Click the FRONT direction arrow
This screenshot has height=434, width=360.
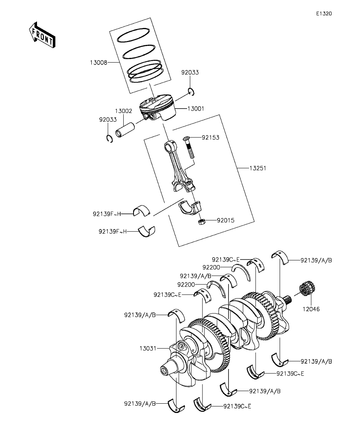tap(42, 35)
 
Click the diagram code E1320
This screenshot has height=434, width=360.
tap(324, 13)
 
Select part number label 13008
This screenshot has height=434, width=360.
tap(98, 63)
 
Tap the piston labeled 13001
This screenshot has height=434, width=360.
tap(158, 108)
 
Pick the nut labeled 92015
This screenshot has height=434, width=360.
tap(202, 222)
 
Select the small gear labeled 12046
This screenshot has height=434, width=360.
tap(307, 289)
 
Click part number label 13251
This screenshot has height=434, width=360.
tap(258, 168)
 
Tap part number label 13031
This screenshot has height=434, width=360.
tap(148, 349)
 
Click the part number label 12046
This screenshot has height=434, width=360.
tap(311, 309)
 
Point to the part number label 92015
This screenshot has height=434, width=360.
tap(226, 220)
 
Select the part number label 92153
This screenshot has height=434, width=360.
tap(210, 138)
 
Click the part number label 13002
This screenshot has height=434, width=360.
tap(124, 111)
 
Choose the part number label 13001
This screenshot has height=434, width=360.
tap(196, 109)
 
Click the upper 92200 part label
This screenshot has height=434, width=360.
tap(211, 268)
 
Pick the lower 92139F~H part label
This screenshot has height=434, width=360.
tap(113, 231)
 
